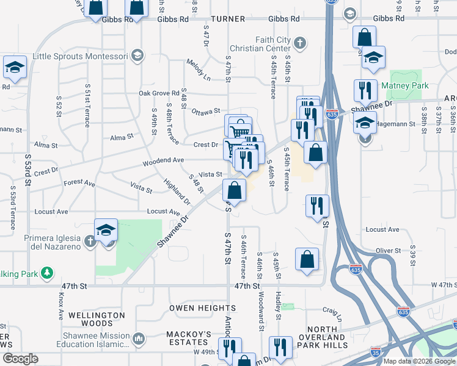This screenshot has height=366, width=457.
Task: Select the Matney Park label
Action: [x=405, y=86]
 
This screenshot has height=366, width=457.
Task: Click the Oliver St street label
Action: [x=388, y=250]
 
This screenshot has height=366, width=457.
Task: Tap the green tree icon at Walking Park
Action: [x=47, y=271]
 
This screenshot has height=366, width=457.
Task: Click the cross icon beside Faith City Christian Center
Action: [x=299, y=43]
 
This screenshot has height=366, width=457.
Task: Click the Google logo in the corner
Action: [x=20, y=359]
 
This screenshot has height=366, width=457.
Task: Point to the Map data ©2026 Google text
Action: [x=419, y=361]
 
